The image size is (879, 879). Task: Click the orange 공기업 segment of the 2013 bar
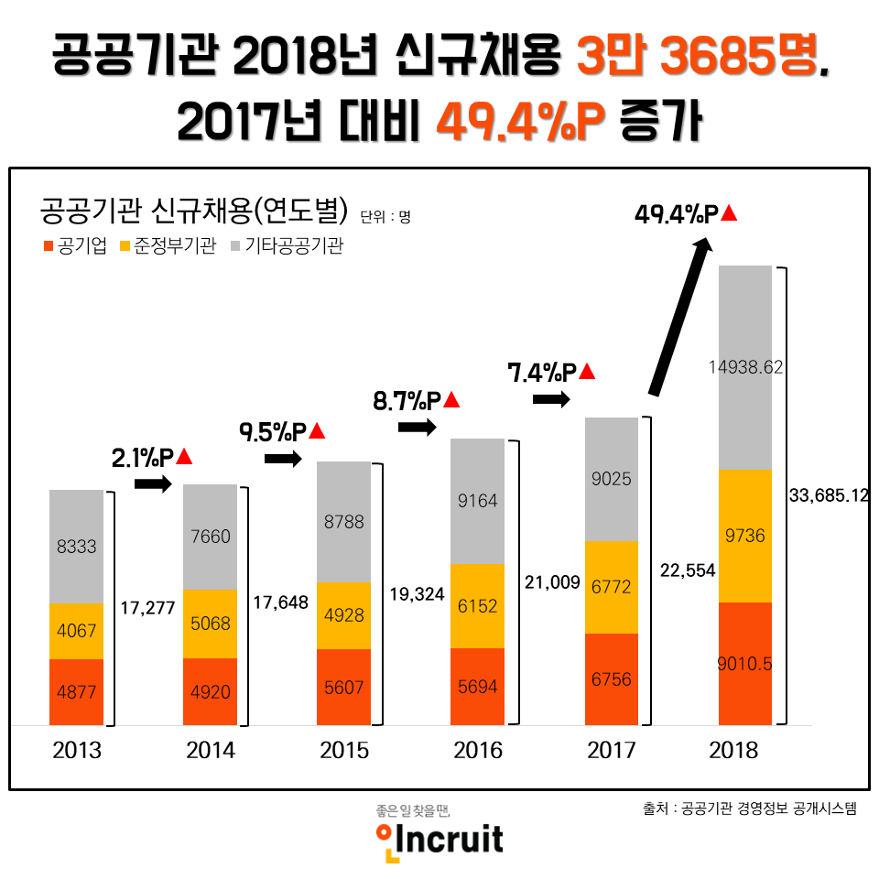tap(76, 692)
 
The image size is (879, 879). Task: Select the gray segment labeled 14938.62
tap(745, 367)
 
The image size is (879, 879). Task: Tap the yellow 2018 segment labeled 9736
tap(745, 536)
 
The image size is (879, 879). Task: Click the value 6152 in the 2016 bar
tap(477, 605)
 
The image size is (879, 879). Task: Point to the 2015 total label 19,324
tap(417, 594)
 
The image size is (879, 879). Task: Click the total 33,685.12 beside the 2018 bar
tap(828, 495)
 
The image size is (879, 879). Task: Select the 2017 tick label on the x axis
tap(611, 751)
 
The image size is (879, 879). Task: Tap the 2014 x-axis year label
tap(210, 751)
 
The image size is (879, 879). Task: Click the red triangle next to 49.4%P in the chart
tap(729, 213)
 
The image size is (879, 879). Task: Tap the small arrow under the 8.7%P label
tap(417, 427)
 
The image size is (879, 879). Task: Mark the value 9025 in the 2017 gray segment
tap(611, 479)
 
